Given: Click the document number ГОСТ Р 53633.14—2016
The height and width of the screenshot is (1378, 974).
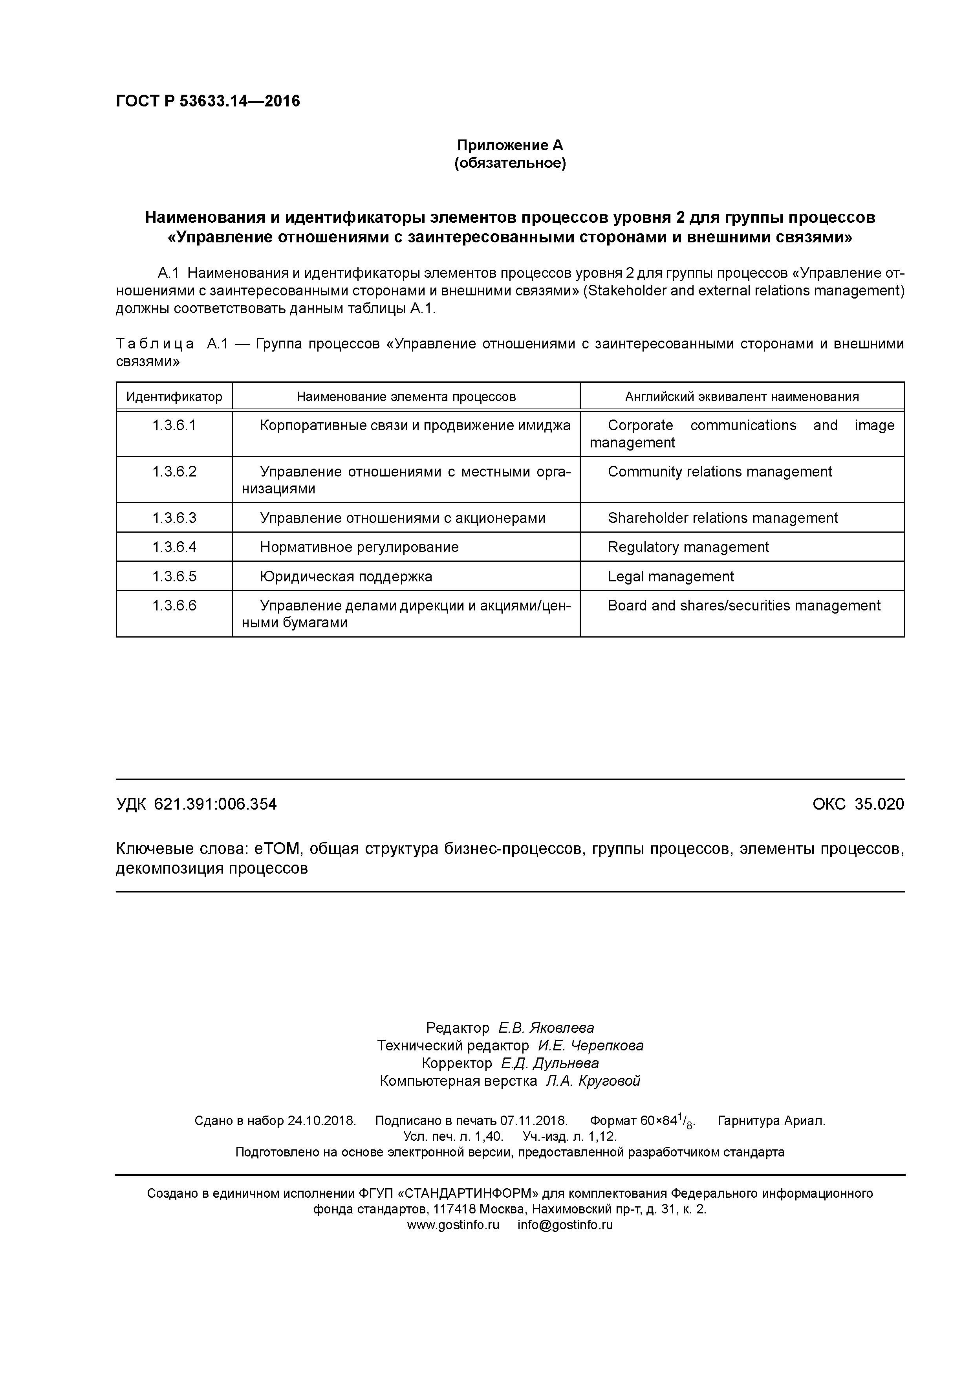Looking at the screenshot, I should click(208, 101).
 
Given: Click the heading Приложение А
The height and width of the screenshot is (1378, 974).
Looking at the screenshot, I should click(510, 145).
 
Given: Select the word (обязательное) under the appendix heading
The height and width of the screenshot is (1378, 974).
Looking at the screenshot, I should click(510, 163).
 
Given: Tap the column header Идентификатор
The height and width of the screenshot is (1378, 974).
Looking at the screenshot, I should click(174, 397).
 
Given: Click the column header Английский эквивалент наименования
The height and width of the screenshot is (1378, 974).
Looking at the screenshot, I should click(742, 397).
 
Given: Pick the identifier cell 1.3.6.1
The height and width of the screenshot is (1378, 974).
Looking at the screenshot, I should click(174, 425).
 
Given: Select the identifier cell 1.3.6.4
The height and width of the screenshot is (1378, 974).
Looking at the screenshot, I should click(174, 547).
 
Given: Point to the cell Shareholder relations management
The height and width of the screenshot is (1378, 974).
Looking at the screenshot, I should click(723, 518).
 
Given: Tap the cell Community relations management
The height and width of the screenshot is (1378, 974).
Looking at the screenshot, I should click(720, 472).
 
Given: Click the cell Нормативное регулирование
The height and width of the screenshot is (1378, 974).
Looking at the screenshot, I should click(359, 547).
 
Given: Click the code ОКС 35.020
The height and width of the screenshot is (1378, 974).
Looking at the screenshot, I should click(858, 804).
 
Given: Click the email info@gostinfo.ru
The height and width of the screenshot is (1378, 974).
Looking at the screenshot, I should click(565, 1225).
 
